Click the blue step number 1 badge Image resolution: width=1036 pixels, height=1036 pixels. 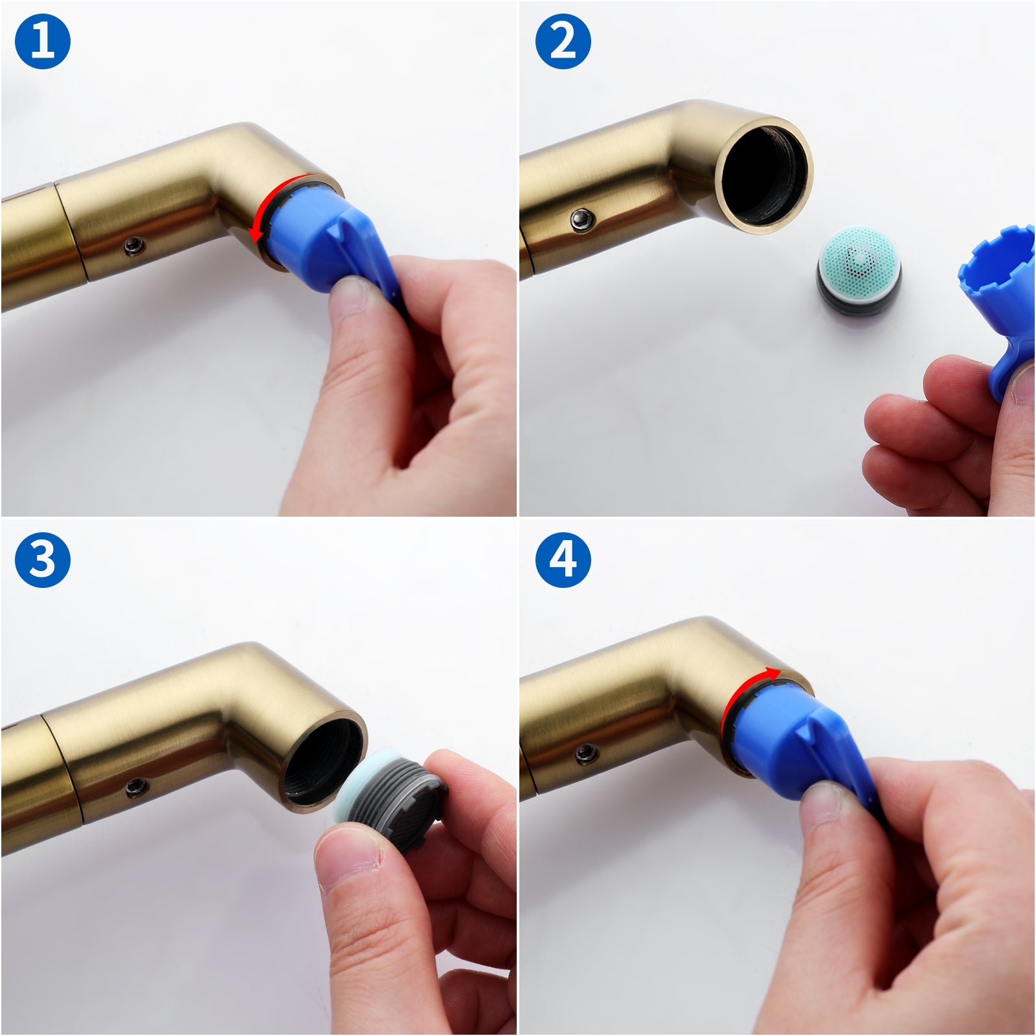[x=42, y=41]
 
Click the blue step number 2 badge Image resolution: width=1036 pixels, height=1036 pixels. [x=563, y=41]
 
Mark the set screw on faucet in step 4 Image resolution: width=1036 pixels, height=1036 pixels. [x=586, y=752]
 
